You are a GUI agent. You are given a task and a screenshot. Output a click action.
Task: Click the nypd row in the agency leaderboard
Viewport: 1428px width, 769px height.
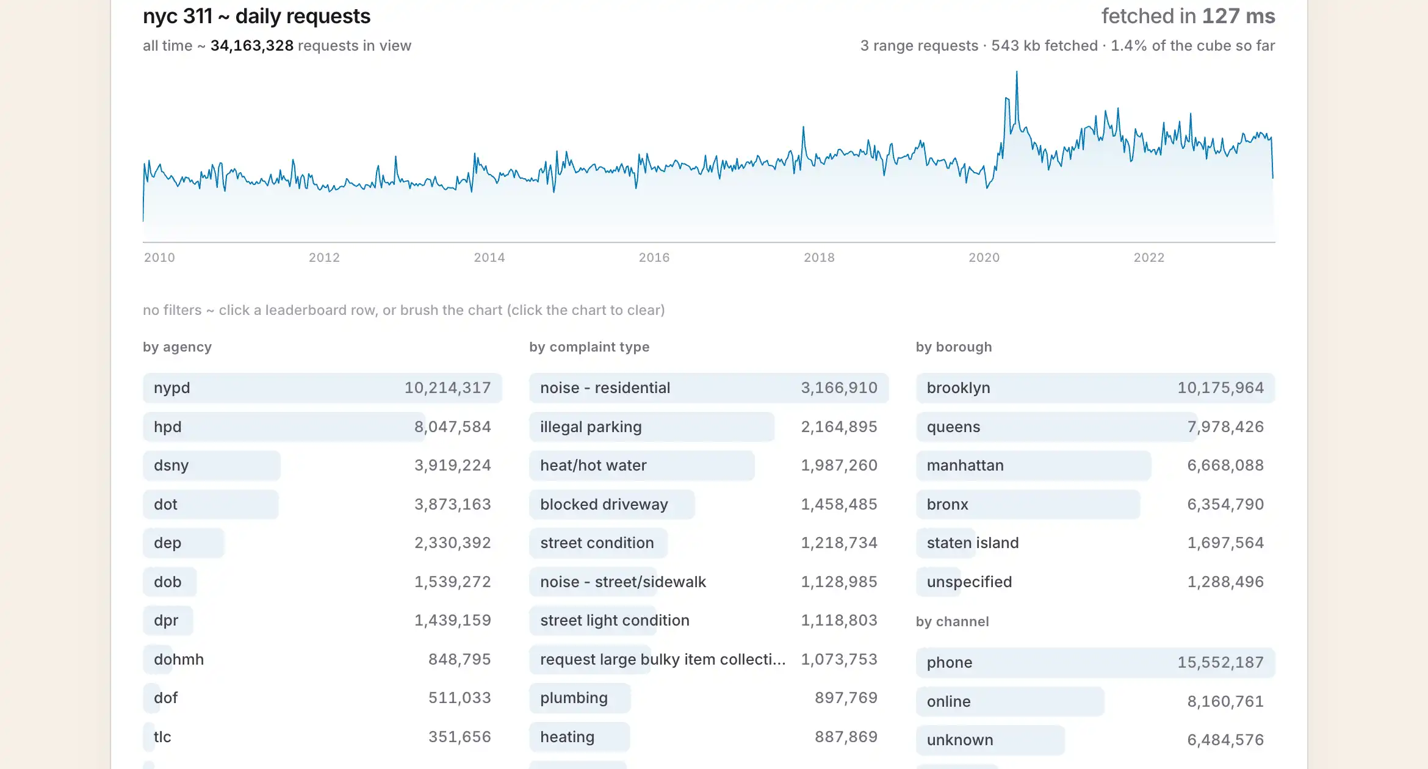click(x=322, y=388)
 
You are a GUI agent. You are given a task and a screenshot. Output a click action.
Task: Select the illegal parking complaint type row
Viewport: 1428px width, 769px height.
click(x=709, y=427)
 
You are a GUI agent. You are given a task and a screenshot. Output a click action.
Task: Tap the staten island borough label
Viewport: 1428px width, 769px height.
click(x=973, y=543)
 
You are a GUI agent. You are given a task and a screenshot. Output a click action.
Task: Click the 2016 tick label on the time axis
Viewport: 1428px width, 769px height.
click(x=654, y=258)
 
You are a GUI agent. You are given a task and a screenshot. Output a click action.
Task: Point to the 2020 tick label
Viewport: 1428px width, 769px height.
click(x=984, y=258)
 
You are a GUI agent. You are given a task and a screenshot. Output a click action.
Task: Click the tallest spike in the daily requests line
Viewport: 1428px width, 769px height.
click(x=1017, y=73)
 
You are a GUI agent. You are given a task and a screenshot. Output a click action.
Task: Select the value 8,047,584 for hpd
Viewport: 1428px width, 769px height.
click(x=452, y=427)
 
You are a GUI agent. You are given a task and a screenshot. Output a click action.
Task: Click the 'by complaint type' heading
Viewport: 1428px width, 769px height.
click(x=589, y=347)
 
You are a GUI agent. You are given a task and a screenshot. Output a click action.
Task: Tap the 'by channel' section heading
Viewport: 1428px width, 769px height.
click(x=952, y=622)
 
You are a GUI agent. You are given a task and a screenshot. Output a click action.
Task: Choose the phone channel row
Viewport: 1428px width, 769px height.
click(x=1095, y=663)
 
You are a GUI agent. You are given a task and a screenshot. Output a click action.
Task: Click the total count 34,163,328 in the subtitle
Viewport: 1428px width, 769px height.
click(x=252, y=46)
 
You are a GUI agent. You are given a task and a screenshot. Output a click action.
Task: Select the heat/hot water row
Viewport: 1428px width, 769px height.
click(x=709, y=466)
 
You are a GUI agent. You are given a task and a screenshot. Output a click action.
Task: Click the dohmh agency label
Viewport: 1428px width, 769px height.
click(x=179, y=660)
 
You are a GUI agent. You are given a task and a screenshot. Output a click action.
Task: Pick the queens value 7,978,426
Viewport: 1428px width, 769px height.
click(x=1225, y=427)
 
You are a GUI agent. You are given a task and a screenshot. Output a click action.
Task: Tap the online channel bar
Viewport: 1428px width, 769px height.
click(x=1010, y=702)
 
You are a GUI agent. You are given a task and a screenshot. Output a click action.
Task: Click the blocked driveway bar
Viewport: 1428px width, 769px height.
click(x=612, y=505)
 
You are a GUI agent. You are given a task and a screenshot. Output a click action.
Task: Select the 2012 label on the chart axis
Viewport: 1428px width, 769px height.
click(x=324, y=258)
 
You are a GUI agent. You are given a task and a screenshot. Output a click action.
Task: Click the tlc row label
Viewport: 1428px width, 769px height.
click(x=162, y=737)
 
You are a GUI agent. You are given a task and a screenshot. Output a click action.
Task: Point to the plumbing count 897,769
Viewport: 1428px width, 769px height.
click(x=846, y=698)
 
